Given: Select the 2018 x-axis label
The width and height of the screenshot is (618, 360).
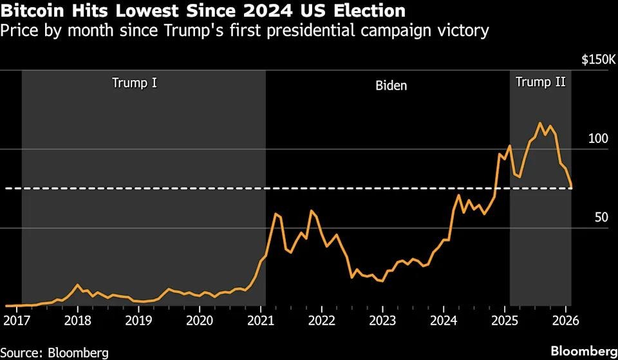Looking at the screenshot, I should (x=77, y=321).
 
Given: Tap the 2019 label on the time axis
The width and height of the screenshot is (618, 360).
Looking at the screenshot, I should (x=138, y=321).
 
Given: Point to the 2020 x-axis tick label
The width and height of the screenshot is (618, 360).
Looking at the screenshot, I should (x=200, y=321).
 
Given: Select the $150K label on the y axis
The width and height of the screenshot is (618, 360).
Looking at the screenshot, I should (x=599, y=60).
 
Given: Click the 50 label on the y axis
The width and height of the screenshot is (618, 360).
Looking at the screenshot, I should (x=601, y=218).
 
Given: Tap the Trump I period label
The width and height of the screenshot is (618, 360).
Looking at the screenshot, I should (x=135, y=82).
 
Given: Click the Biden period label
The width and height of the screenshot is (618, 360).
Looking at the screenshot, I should (x=391, y=85).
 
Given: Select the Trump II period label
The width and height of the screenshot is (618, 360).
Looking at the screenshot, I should (x=541, y=82).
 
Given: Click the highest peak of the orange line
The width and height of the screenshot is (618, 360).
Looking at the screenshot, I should (x=540, y=123).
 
